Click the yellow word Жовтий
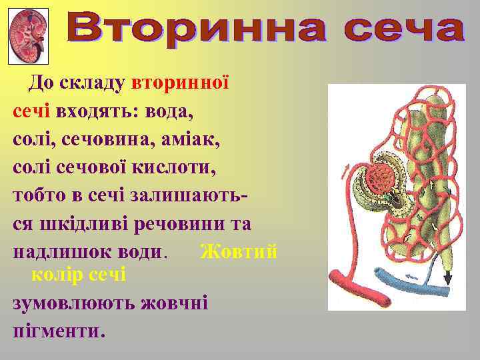pos(239,251)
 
